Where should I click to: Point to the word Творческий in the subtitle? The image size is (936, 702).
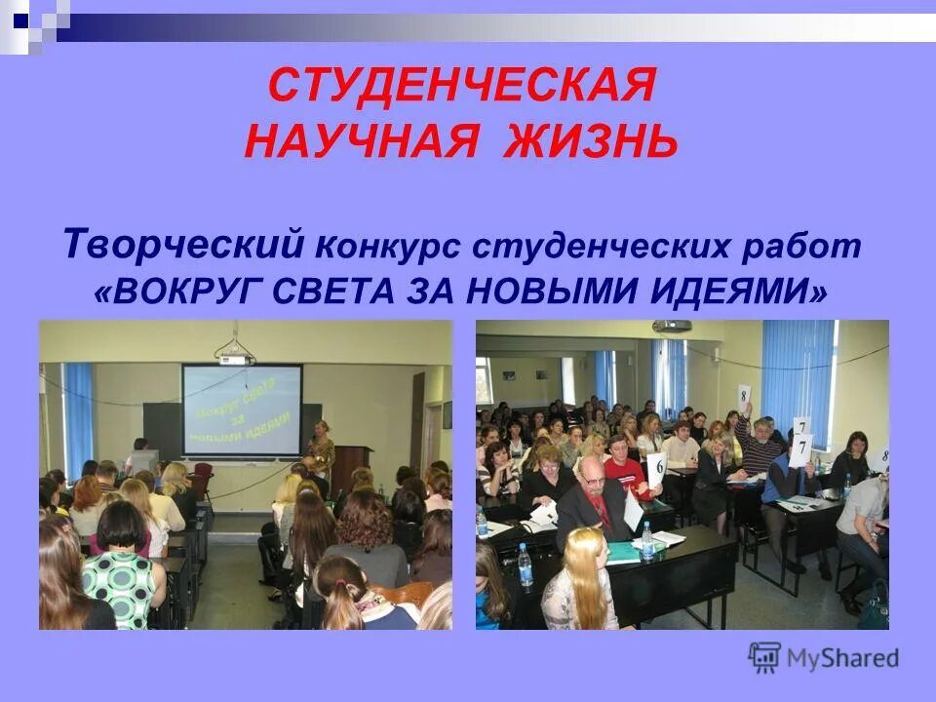coord(184,244)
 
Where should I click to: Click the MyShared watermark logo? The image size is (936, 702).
coord(824,657)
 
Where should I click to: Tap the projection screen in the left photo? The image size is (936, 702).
coord(242,410)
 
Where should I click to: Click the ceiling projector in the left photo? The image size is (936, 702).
coord(234,356)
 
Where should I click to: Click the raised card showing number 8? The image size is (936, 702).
coord(744,397)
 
